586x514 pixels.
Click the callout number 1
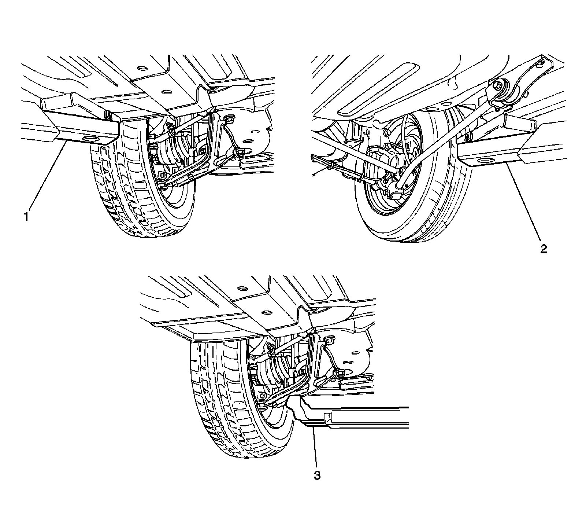tap(26, 217)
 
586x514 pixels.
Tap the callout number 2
tap(544, 249)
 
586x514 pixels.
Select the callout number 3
tap(317, 476)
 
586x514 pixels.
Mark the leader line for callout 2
tap(524, 205)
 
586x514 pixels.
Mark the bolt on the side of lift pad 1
tap(109, 117)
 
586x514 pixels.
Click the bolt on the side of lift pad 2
tap(468, 139)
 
